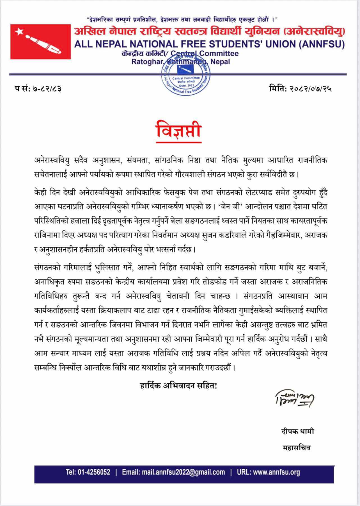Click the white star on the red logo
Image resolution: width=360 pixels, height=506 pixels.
point(19,32)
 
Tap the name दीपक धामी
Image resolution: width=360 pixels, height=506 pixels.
point(298,431)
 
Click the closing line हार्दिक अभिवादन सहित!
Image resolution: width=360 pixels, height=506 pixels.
point(178,386)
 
